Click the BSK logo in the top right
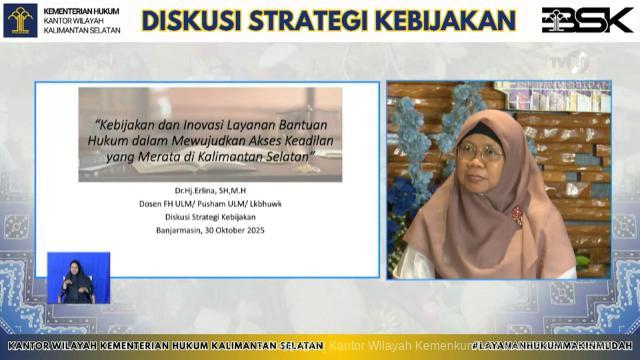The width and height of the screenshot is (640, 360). point(587,20)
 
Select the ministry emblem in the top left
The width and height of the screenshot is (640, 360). point(20,20)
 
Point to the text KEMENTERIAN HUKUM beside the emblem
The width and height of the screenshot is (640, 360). point(81,10)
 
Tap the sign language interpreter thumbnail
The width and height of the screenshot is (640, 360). point(78,278)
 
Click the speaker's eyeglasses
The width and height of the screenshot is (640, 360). point(481,152)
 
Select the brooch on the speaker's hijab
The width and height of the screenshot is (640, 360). point(517,213)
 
